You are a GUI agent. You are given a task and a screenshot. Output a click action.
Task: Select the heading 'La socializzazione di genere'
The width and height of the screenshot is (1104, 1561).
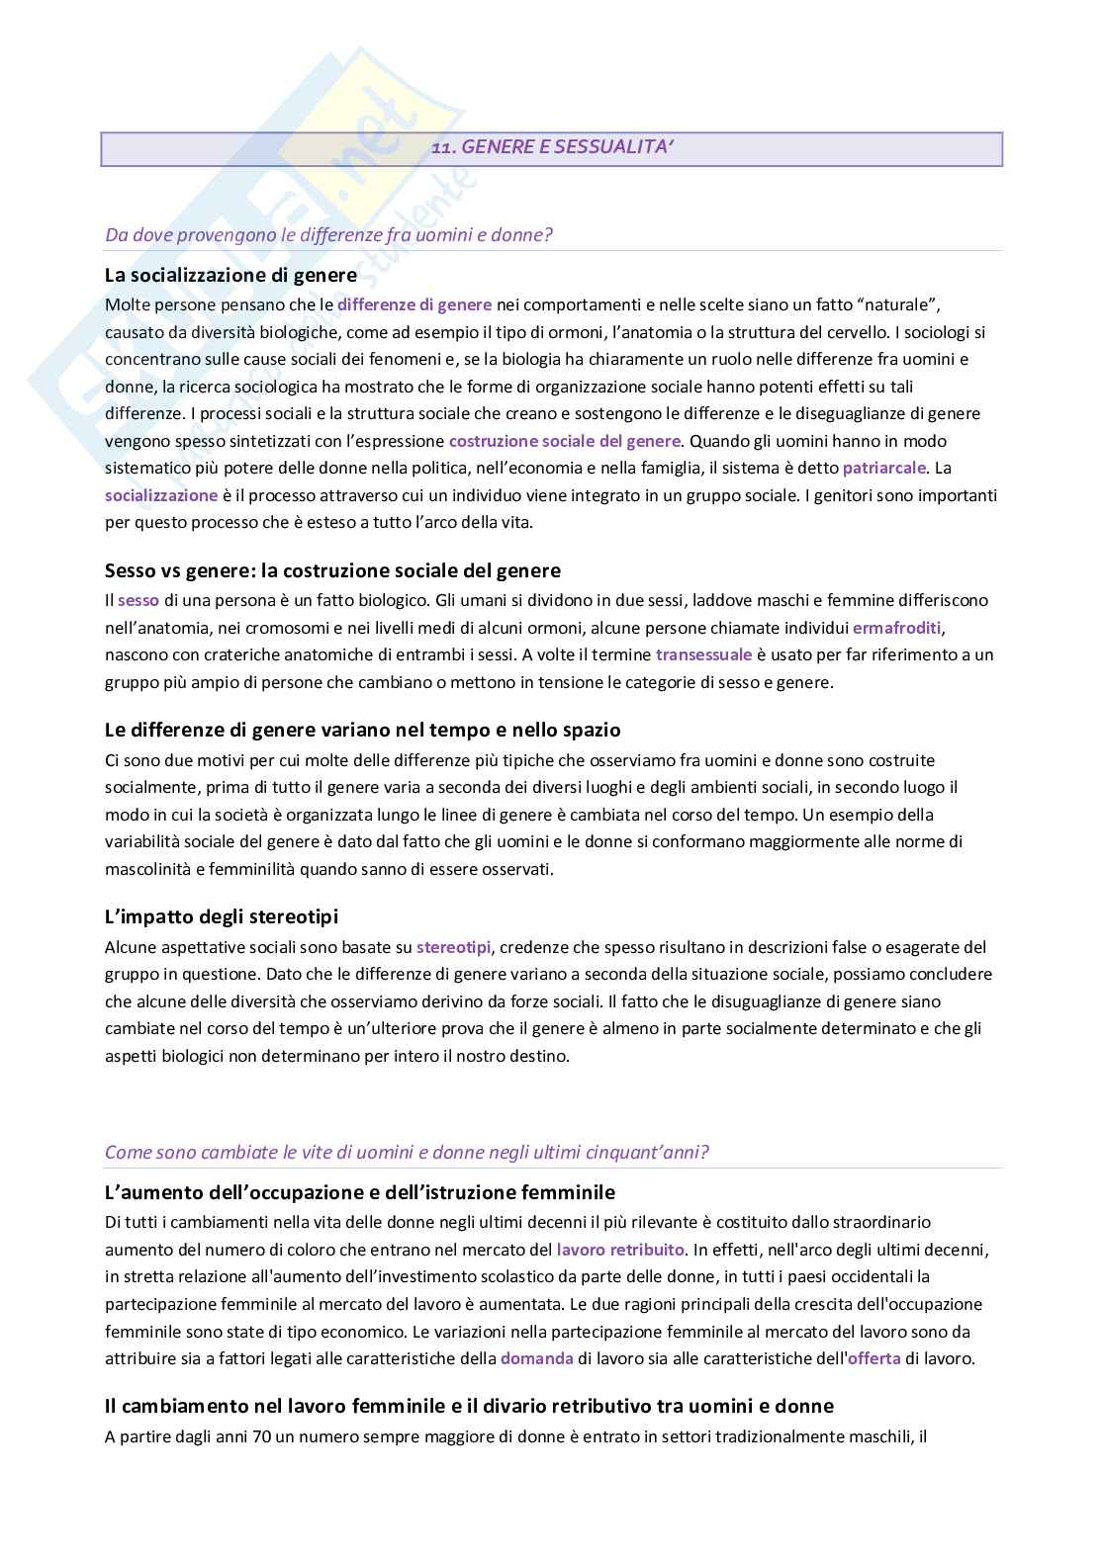click(x=230, y=275)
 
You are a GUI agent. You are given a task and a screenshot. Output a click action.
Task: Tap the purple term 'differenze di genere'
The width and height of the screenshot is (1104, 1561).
click(x=414, y=304)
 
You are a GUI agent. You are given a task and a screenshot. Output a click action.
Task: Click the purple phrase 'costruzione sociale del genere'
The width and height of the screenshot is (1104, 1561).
click(x=564, y=441)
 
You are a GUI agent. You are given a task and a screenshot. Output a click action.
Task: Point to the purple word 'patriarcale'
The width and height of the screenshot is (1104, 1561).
click(x=884, y=468)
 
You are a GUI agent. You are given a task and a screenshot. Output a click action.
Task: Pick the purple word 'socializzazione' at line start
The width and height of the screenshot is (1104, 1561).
click(x=161, y=495)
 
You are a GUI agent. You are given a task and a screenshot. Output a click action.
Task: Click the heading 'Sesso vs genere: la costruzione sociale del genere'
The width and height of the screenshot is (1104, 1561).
click(x=332, y=570)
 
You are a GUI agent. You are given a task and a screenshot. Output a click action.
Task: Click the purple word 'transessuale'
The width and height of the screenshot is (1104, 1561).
click(x=703, y=654)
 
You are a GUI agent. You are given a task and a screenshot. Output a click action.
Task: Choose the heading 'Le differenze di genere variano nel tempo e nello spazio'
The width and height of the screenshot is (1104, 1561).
click(x=362, y=731)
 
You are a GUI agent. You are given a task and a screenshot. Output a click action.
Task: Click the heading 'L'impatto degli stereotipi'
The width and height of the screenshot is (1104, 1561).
click(x=222, y=916)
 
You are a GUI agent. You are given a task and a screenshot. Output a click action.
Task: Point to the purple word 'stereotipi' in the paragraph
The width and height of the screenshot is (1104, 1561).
click(x=453, y=947)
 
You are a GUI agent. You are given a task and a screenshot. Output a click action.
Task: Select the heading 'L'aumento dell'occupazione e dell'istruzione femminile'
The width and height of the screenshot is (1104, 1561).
click(x=360, y=1192)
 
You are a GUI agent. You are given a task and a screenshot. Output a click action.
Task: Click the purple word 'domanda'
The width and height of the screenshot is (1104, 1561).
click(x=536, y=1358)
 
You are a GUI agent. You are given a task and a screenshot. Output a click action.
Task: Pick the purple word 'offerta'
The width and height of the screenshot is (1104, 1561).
click(x=874, y=1358)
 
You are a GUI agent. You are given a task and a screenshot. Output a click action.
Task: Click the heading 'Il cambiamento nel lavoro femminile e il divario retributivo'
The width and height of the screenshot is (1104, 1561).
click(x=469, y=1406)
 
